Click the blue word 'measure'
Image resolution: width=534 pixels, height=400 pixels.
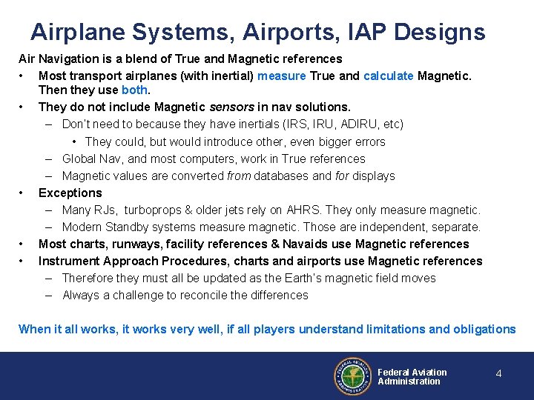pos(281,76)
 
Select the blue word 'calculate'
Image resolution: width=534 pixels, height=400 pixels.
pos(389,76)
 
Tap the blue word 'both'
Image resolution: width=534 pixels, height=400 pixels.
pos(135,90)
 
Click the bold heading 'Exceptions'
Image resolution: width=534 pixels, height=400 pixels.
pos(70,193)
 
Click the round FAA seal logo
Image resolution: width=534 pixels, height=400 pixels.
pos(352,377)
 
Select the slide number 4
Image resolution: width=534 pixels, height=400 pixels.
pos(498,374)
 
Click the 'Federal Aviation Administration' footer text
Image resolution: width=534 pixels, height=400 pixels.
pos(412,377)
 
